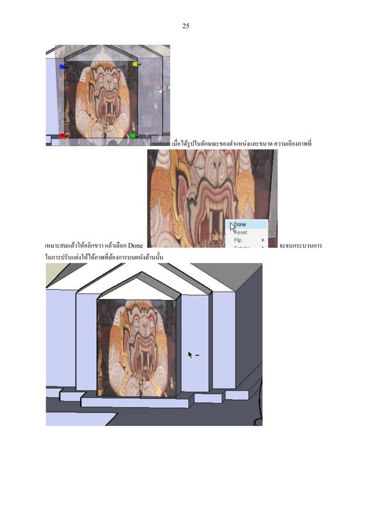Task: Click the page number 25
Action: click(185, 26)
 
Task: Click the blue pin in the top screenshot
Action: click(62, 67)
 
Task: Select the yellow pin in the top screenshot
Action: click(135, 64)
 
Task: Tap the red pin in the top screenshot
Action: click(62, 136)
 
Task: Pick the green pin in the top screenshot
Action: click(133, 136)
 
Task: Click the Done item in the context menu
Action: click(240, 224)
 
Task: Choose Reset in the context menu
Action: click(240, 232)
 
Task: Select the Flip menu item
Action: click(238, 240)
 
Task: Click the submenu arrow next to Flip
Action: click(262, 240)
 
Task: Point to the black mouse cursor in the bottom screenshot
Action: click(189, 354)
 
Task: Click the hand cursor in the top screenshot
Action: click(160, 91)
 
